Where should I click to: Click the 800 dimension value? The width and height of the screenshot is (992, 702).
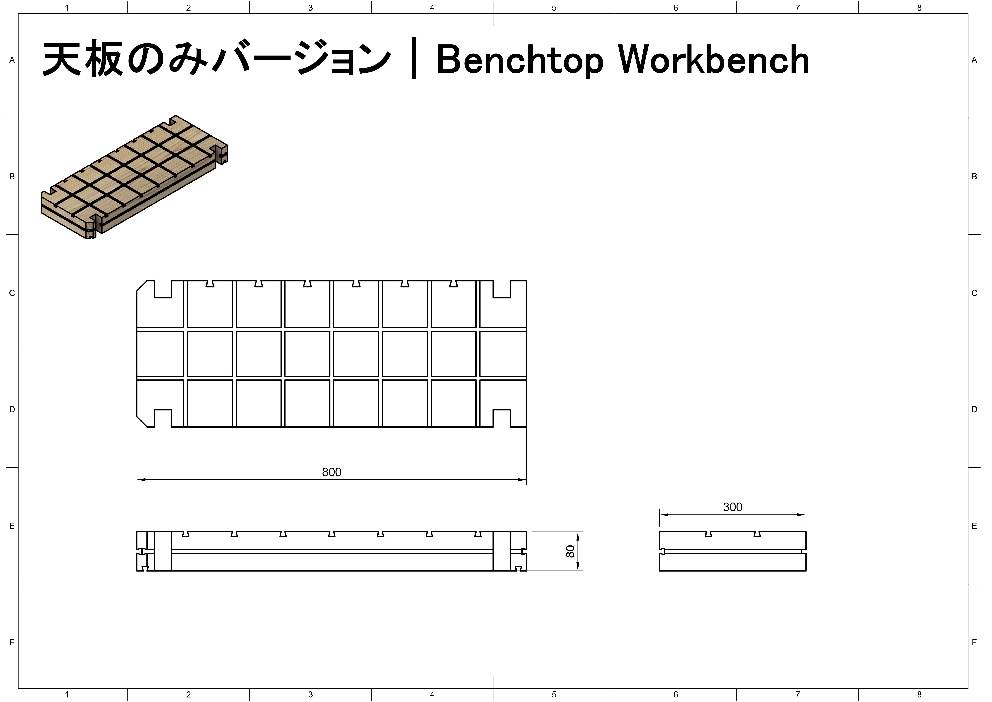coord(331,472)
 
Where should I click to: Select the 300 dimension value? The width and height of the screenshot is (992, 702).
coord(733,507)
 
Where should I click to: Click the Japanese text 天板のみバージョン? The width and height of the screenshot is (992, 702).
coord(216,60)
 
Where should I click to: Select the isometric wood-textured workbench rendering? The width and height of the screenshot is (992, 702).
coord(134,177)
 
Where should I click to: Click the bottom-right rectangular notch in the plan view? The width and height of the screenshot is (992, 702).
coord(501,418)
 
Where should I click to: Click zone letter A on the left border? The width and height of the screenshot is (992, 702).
coord(12,60)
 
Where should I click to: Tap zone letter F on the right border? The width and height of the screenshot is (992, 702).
coord(974,642)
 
